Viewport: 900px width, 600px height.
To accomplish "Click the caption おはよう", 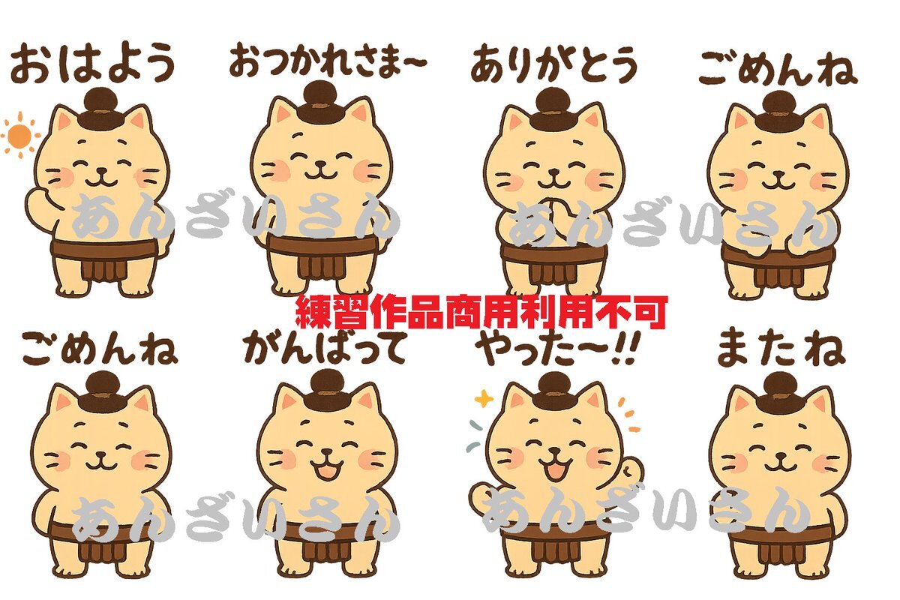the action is (x=93, y=63).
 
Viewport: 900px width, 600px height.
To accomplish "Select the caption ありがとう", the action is (x=554, y=64).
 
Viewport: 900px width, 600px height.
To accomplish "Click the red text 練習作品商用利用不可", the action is (x=481, y=313).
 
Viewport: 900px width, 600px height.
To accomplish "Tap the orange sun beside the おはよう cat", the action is (x=19, y=136).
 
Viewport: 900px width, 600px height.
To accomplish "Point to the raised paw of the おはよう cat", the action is (x=38, y=199).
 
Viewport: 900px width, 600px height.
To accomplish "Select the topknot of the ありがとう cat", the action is (x=554, y=109).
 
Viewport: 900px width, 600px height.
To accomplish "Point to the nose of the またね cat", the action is (x=780, y=455).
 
